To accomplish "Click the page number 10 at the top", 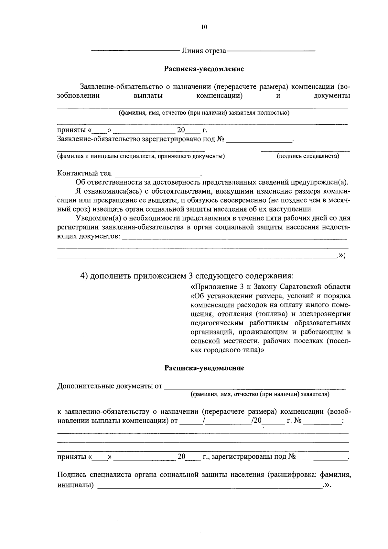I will pos(204,27).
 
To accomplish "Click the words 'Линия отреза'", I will pos(204,51).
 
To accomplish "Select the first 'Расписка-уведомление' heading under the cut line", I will pos(204,69).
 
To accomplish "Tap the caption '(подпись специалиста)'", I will pos(308,156).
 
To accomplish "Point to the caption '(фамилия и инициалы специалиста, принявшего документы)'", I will pos(141,156).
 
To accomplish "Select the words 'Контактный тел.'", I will pos(85,173).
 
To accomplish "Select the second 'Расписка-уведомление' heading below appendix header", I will pos(204,368).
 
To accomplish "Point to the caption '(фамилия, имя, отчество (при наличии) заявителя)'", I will pos(260,394).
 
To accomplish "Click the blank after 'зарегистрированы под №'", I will pos(323,457).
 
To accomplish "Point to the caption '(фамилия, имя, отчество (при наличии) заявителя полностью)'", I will pos(204,113).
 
